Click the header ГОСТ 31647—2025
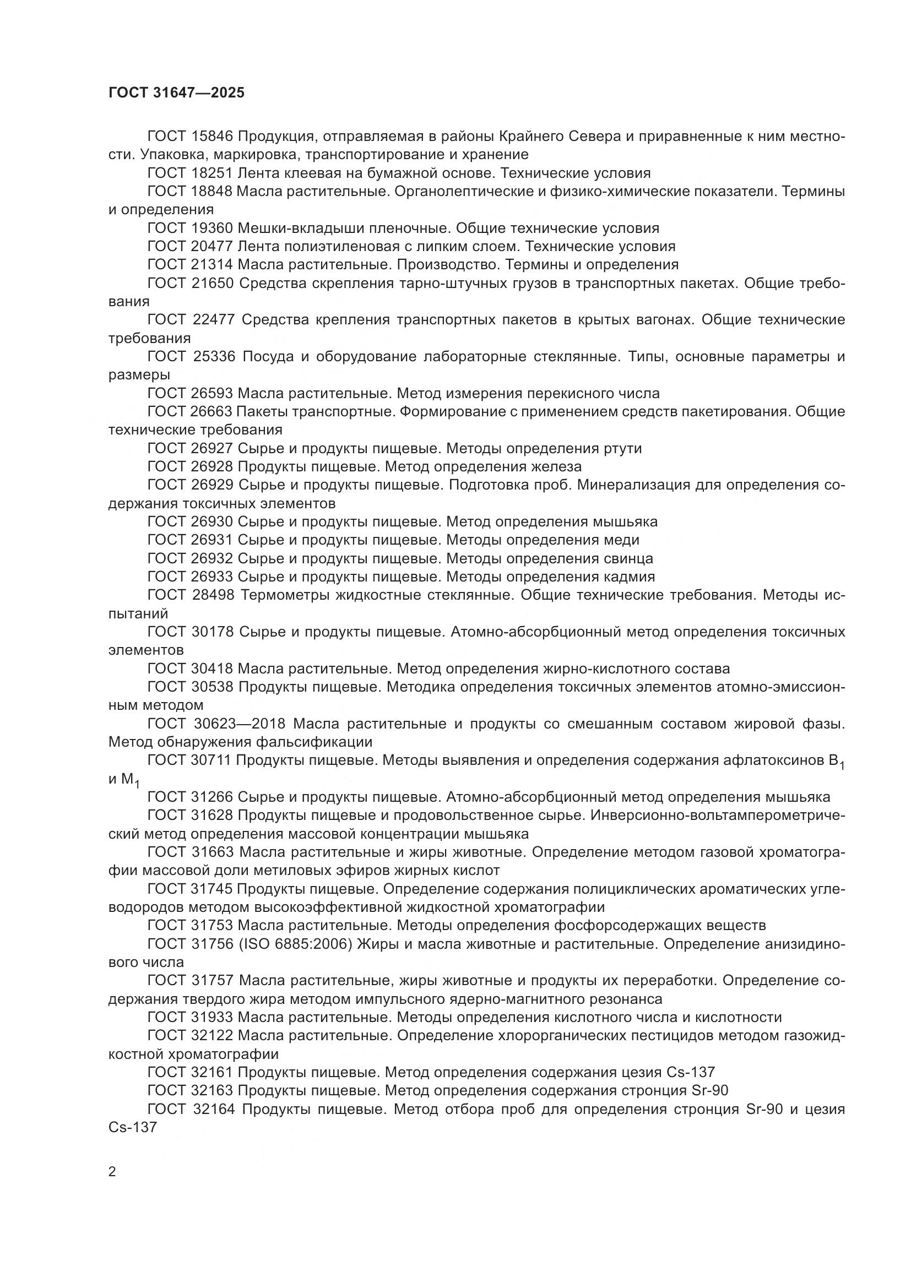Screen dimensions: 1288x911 (x=176, y=93)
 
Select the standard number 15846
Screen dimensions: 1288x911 (x=215, y=137)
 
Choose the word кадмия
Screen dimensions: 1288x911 (x=630, y=577)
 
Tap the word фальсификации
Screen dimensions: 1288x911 (x=314, y=743)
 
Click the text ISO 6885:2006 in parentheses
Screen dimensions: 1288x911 (x=296, y=945)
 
